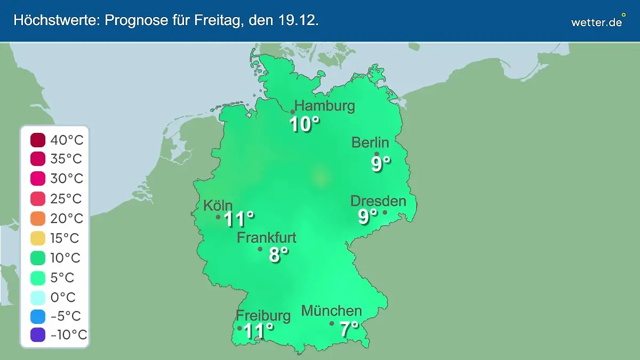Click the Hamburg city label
click(324, 106)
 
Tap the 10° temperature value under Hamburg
click(304, 124)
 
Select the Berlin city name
click(370, 142)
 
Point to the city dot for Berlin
click(377, 154)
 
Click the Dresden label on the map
click(378, 201)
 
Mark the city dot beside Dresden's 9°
click(385, 213)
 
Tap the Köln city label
click(218, 205)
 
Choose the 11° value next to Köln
click(238, 219)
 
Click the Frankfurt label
click(267, 238)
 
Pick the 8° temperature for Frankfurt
click(278, 255)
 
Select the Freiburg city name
click(263, 315)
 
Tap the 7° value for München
click(349, 329)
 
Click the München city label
click(332, 311)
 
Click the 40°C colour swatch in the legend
click(38, 140)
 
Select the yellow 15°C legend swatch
click(38, 238)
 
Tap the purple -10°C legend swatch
click(38, 335)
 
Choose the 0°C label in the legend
click(62, 297)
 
